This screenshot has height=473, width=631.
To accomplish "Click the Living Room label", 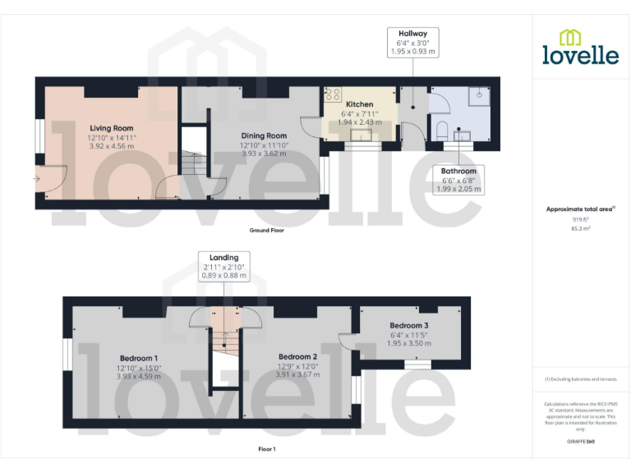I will (111, 128).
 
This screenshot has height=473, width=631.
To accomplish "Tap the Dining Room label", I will (264, 135).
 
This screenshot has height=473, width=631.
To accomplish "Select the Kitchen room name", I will (359, 104).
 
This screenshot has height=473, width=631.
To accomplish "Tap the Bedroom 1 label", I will (139, 358).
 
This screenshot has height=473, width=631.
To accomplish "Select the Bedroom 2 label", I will (297, 356).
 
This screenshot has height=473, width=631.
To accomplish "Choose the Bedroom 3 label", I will (408, 326).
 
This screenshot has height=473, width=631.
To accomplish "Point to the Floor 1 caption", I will (267, 449).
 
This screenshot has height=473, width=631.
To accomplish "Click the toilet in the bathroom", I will (441, 129).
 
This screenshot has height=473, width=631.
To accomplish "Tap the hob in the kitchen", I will (333, 94).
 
